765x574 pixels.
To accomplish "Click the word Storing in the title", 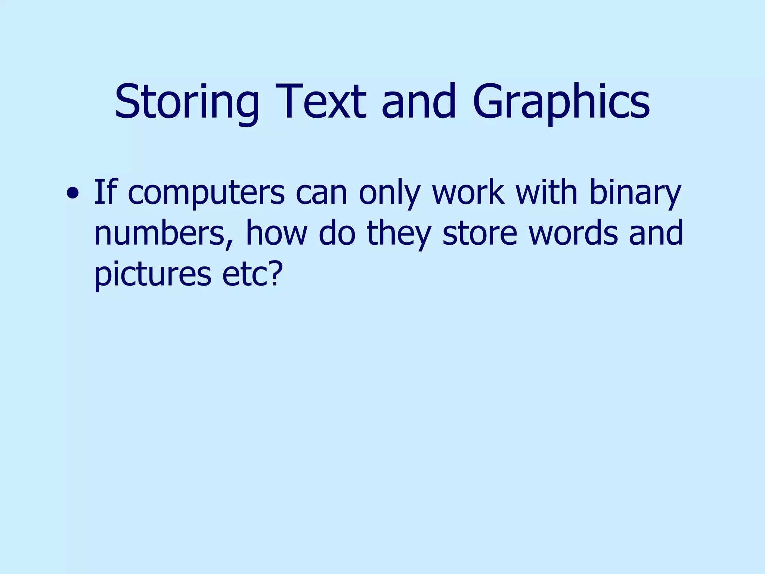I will click(x=187, y=102).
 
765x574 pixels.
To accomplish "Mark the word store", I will click(x=480, y=233).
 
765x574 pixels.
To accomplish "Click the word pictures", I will click(x=153, y=275).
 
